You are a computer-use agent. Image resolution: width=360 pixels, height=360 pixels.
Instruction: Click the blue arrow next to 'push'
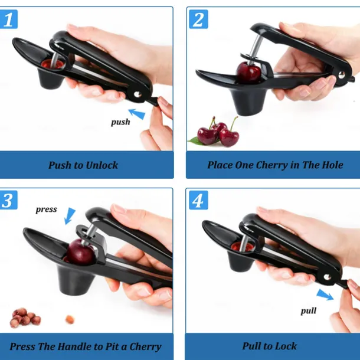point(137,113)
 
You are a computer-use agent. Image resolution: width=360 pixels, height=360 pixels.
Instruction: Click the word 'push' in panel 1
point(120,123)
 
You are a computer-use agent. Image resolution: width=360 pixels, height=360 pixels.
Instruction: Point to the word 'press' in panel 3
point(46,209)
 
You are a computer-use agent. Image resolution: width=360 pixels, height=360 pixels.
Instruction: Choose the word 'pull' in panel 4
point(309,310)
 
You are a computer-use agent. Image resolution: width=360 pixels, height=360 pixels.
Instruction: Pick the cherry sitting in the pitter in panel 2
point(248,73)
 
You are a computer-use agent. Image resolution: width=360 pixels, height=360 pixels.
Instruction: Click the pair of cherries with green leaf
point(217,133)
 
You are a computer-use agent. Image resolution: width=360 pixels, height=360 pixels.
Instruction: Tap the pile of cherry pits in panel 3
point(25,317)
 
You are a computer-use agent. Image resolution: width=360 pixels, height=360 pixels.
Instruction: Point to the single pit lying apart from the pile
point(70,319)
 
